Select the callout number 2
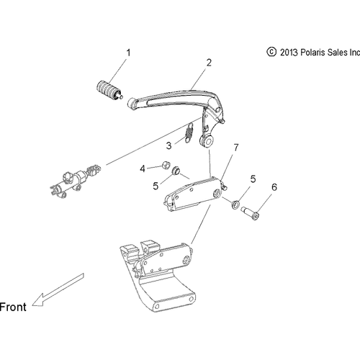coord(210,63)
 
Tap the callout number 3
coord(169,145)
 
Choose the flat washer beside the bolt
coord(236,207)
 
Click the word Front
coord(14,307)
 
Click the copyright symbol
coord(271,52)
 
